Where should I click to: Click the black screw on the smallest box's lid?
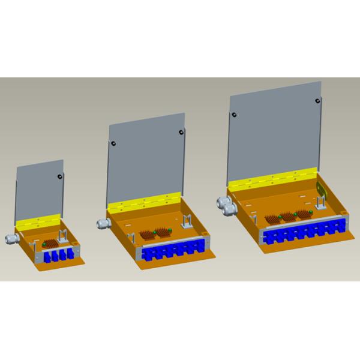59,176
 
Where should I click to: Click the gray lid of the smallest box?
40,189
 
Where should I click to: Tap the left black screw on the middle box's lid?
112,143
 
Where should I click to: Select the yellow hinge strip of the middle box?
144,203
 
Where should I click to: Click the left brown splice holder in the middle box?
148,235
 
